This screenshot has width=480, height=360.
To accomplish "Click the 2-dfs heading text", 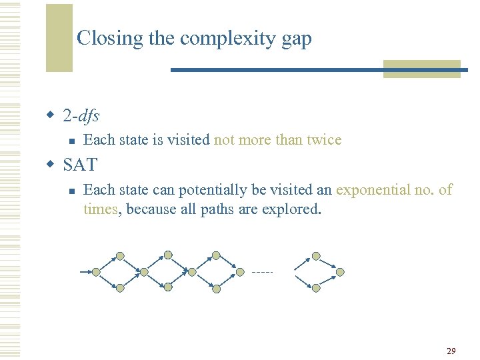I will (81, 116).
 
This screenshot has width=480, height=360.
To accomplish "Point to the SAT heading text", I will (80, 165).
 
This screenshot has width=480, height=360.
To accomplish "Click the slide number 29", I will (451, 351).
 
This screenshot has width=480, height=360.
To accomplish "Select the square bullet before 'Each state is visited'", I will (69, 141).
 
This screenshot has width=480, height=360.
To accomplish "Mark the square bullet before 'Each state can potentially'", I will (69, 191).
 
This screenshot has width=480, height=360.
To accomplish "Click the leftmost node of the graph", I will (96, 272).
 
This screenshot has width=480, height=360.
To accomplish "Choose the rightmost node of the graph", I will (340, 272).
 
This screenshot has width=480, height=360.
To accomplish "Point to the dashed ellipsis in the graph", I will (263, 272).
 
